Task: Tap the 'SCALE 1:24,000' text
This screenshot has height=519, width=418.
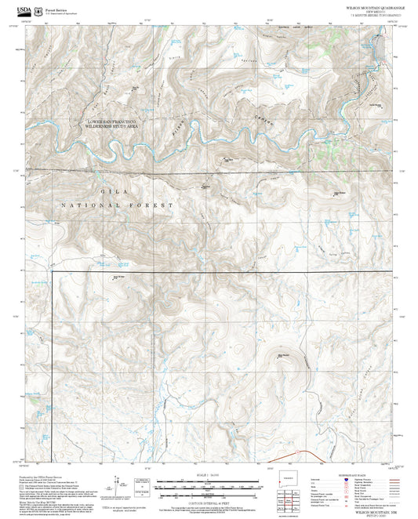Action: tap(207, 474)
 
